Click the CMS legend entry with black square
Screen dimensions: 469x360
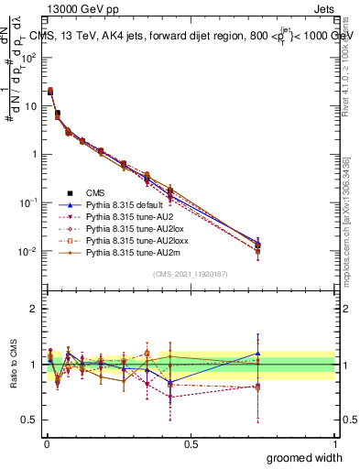pyautogui.click(x=97, y=193)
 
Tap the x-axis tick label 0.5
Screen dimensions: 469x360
pyautogui.click(x=191, y=443)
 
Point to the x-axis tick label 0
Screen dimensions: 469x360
pyautogui.click(x=46, y=443)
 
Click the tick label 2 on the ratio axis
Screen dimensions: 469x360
pyautogui.click(x=35, y=309)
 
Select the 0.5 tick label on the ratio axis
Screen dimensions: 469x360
pyautogui.click(x=29, y=420)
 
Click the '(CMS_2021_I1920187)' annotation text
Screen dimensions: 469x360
pyautogui.click(x=190, y=275)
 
